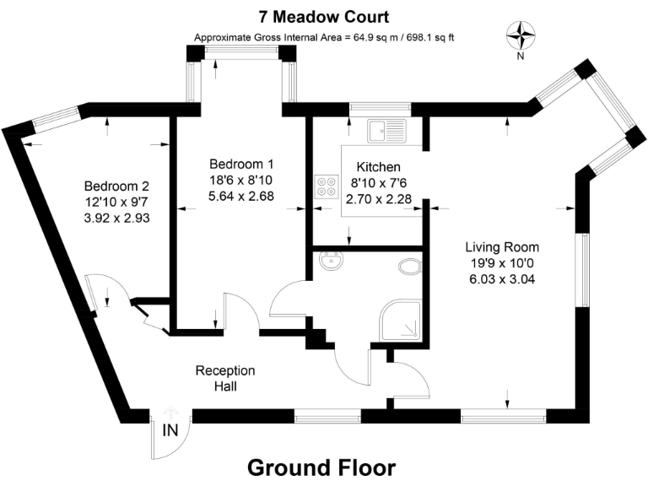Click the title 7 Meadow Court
tap(325, 17)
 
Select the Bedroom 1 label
tap(241, 164)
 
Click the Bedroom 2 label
tap(116, 186)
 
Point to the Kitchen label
tap(378, 167)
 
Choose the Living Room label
tap(502, 247)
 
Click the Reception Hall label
tap(224, 378)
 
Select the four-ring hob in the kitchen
tap(325, 186)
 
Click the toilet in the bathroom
tap(409, 267)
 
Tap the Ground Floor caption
tap(321, 467)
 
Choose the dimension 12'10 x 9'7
tap(116, 202)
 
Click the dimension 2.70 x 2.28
tap(378, 199)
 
